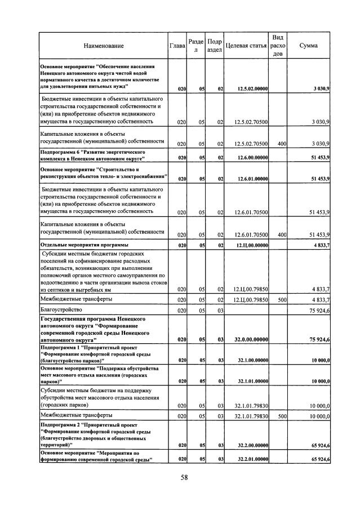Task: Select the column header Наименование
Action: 103,46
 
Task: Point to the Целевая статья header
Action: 245,46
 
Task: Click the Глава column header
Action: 177,46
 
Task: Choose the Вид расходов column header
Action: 277,45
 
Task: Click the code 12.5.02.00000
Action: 252,88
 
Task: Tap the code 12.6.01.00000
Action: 252,179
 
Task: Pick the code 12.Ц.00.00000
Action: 252,246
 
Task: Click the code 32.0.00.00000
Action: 252,339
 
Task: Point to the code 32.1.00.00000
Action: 252,360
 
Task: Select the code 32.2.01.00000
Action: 252,460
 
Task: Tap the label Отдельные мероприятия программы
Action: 84,246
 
